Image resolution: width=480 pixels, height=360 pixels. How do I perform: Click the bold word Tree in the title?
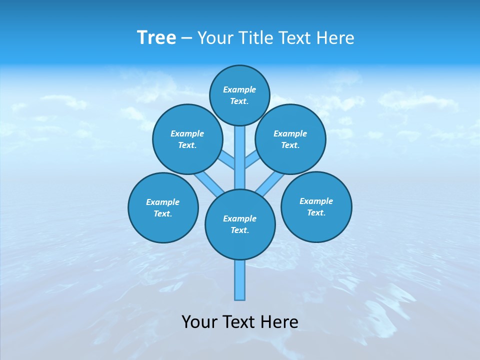156,37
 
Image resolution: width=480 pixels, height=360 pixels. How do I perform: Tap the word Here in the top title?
335,38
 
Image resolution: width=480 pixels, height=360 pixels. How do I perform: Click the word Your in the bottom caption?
200,322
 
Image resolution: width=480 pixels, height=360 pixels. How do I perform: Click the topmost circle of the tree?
239,95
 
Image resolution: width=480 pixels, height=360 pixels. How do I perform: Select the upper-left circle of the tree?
187,139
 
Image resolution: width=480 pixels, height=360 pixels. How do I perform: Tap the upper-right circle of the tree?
290,139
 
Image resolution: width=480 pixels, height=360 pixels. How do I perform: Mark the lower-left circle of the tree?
163,207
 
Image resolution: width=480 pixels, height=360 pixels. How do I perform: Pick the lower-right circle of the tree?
316,206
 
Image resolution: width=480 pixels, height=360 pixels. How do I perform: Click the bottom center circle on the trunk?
240,224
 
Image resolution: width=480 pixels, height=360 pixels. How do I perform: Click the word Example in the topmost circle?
239,89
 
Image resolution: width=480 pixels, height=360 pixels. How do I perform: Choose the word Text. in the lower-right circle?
316,212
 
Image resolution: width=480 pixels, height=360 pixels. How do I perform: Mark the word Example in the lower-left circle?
162,202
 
